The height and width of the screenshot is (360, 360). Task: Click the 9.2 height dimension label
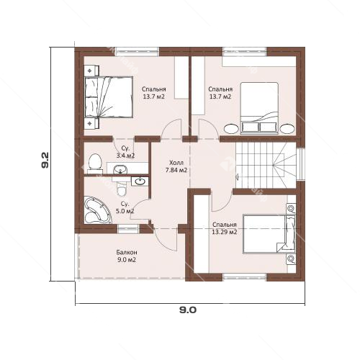[x=45, y=160]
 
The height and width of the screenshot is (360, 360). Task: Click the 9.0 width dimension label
[x=188, y=310]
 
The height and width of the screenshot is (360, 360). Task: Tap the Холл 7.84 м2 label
[x=176, y=166]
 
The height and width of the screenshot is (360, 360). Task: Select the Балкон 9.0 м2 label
[x=127, y=256]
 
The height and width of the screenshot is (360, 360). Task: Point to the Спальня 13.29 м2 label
[x=225, y=228]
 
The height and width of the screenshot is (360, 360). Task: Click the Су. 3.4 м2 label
[x=125, y=152]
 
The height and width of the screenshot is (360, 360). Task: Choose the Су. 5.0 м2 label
[x=125, y=207]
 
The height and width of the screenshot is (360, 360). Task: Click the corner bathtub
[x=97, y=210]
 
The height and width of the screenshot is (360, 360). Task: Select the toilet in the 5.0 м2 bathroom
[x=122, y=189]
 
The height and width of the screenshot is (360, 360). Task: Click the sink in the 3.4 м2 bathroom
[x=120, y=169]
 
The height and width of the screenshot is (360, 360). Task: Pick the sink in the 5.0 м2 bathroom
[x=140, y=181]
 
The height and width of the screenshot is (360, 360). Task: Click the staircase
[x=266, y=165]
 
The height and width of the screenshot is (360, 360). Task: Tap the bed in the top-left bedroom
[x=109, y=97]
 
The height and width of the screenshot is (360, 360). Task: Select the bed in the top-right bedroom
[x=259, y=108]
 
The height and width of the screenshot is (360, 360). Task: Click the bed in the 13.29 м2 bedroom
[x=269, y=234]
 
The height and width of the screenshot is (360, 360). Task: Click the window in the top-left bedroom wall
[x=138, y=52]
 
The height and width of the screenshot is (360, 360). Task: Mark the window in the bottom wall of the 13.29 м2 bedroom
[x=245, y=277]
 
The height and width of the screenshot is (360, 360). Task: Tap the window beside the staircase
[x=300, y=164]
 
